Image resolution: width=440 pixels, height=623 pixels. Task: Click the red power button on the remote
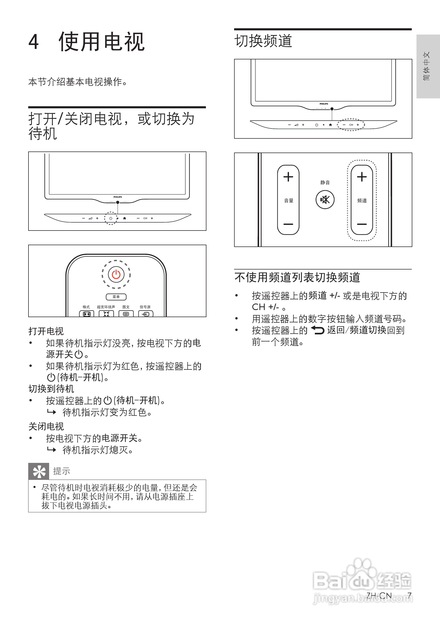pos(116,274)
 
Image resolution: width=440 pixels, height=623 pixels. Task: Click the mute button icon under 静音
pos(325,200)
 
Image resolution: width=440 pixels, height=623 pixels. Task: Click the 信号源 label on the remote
pos(145,307)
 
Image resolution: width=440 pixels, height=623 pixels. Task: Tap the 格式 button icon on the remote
pos(86,314)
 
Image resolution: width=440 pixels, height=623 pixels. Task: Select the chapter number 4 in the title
pos(34,42)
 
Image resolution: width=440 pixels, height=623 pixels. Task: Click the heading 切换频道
pos(263,41)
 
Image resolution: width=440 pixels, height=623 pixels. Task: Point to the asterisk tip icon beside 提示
pos(39,472)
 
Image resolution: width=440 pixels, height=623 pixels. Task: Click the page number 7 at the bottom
pos(409,595)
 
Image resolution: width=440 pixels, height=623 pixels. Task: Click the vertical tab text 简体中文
pos(426,66)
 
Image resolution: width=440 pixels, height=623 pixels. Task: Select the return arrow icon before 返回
pos(317,330)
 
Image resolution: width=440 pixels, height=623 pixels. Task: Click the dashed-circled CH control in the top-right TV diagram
pos(351,125)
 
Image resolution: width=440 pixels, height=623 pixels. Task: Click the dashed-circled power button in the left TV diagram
pos(111,218)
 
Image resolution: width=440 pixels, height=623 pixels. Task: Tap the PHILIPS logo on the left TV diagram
pos(118,197)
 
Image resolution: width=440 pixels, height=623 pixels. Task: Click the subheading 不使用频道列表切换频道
pos(297,278)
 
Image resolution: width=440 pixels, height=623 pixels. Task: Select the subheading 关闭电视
pos(46,426)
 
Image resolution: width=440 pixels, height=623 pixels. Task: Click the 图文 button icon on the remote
pos(126,314)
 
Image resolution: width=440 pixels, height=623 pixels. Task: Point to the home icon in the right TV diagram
pos(330,125)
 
